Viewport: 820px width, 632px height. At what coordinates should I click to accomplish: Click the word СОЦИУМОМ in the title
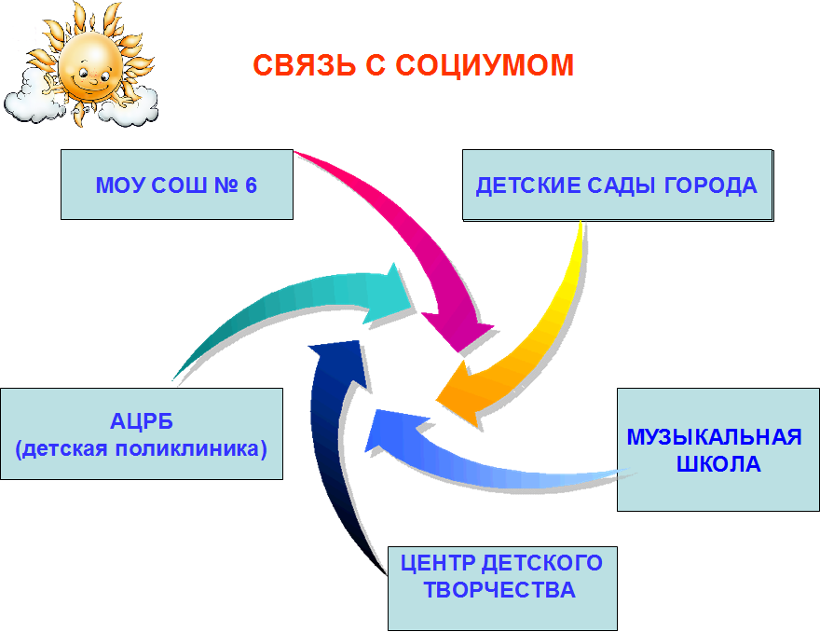tap(485, 66)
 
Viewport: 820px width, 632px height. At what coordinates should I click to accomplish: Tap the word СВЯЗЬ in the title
tap(305, 65)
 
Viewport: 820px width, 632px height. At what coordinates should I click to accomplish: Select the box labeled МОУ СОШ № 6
tap(177, 185)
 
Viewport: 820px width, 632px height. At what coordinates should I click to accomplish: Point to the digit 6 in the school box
tap(251, 185)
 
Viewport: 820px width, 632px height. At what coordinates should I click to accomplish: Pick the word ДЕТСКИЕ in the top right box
tap(528, 186)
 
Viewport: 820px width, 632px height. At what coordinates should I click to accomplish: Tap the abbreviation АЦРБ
tap(142, 421)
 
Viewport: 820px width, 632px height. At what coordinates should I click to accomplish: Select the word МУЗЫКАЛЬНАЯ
tap(715, 437)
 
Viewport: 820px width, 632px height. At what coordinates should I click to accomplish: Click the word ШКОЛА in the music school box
tap(718, 464)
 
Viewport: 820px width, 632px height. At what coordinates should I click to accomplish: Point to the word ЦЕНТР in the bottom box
tap(438, 563)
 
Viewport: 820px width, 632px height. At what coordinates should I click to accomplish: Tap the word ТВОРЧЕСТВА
tap(499, 590)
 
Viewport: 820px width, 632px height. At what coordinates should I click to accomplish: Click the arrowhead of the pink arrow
tap(458, 330)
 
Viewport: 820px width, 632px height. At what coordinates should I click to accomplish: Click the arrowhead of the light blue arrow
tap(392, 430)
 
